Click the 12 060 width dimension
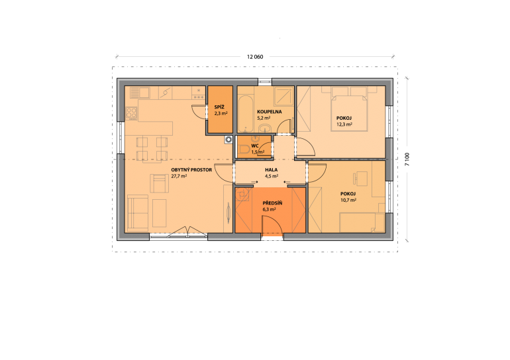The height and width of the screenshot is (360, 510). tap(255, 57)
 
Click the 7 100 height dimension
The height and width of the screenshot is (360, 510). tap(407, 159)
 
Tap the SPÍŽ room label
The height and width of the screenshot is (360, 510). tap(219, 107)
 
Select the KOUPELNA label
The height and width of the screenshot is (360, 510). tap(270, 112)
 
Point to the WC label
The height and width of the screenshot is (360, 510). tap(255, 146)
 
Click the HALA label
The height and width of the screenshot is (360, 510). tap(272, 169)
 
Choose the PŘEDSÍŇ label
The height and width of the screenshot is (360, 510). tap(272, 203)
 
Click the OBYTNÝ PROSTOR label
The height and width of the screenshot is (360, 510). tap(191, 169)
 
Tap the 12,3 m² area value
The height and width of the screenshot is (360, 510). tap(344, 124)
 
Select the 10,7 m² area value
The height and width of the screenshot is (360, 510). tap(348, 200)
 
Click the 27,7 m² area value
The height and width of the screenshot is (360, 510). tap(179, 176)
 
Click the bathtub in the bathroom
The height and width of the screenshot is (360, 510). tap(245, 114)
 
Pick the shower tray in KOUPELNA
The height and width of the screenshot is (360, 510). tap(283, 96)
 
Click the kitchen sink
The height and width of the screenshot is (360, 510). tap(140, 93)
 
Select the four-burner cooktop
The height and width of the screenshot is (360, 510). tap(131, 113)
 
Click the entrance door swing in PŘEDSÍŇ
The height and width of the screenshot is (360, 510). tap(273, 225)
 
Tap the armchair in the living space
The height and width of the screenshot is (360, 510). tap(160, 183)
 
